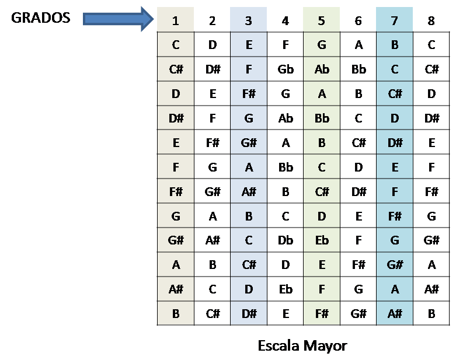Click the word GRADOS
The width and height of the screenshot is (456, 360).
[x=40, y=18]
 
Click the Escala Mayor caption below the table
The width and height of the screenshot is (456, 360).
[x=302, y=346]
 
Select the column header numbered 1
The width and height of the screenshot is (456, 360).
[x=176, y=21]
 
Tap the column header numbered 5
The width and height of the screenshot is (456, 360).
[x=322, y=21]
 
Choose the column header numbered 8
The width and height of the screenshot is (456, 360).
[x=431, y=21]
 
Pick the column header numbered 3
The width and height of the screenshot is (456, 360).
[x=249, y=21]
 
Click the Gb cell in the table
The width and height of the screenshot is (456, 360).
[x=286, y=69]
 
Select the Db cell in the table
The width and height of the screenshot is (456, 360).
[x=286, y=240]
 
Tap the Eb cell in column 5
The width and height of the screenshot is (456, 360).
[x=322, y=240]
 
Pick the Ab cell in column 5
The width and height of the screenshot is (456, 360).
[x=322, y=69]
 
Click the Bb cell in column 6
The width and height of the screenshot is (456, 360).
[x=358, y=69]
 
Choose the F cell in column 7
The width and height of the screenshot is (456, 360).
[x=395, y=191]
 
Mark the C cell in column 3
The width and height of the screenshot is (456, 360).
[x=249, y=240]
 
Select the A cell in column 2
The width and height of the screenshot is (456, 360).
[x=212, y=216]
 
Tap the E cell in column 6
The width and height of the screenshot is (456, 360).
[x=358, y=216]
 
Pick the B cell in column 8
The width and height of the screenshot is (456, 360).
[x=431, y=313]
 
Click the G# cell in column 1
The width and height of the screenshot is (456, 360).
[x=176, y=240]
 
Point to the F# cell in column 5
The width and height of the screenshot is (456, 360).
[x=322, y=313]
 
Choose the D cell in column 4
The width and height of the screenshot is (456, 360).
[x=286, y=265]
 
